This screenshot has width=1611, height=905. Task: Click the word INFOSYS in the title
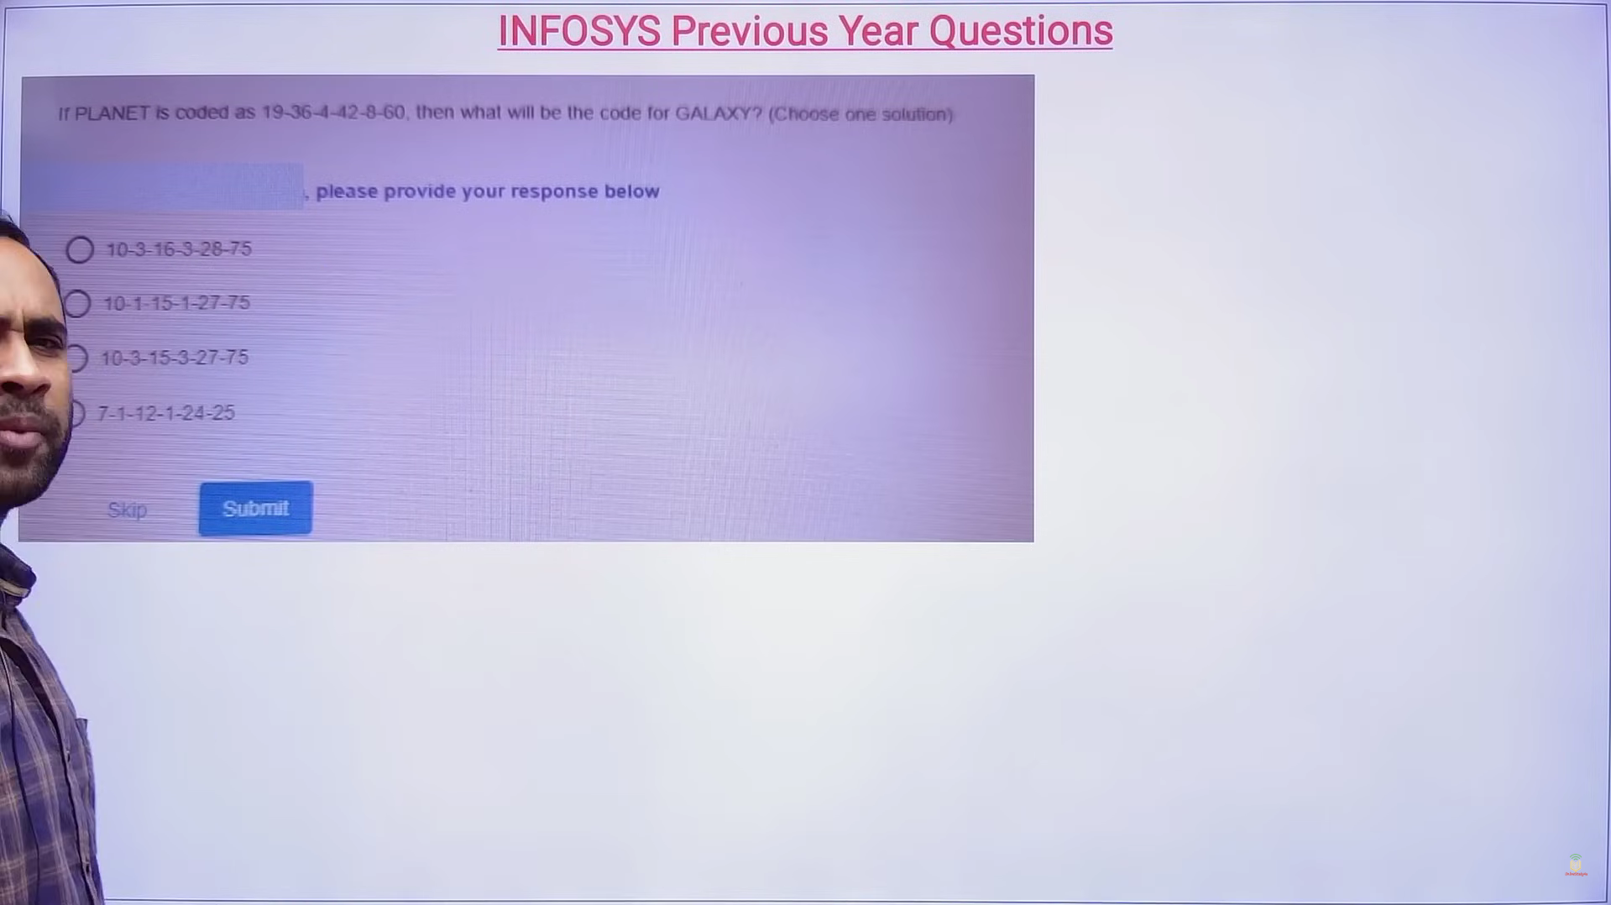click(x=579, y=31)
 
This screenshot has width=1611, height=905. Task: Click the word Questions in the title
click(x=1021, y=31)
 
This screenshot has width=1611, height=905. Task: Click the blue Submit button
click(x=255, y=508)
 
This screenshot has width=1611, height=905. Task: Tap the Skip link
click(x=127, y=510)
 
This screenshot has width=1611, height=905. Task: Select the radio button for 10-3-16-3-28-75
click(x=80, y=249)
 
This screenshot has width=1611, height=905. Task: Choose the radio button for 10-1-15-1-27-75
click(x=77, y=303)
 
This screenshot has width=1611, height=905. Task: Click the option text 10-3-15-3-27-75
click(x=175, y=358)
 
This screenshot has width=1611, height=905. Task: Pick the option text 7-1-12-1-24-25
click(x=166, y=413)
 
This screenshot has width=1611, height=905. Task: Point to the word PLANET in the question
click(x=112, y=113)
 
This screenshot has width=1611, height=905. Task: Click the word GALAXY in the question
click(x=713, y=113)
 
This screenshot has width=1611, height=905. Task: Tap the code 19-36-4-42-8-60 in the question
click(x=333, y=112)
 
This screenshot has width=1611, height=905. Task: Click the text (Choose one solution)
click(x=860, y=114)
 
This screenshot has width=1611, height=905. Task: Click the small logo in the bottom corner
click(x=1575, y=866)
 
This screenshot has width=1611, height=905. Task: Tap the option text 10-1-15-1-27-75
click(x=176, y=303)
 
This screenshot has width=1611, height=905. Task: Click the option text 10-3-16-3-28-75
click(x=179, y=249)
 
